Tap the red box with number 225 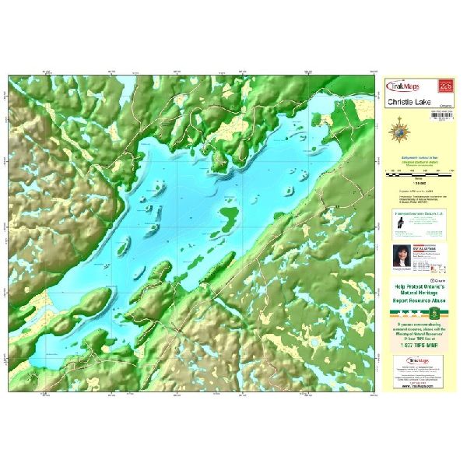tap(445, 83)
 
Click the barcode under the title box tap(440, 116)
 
